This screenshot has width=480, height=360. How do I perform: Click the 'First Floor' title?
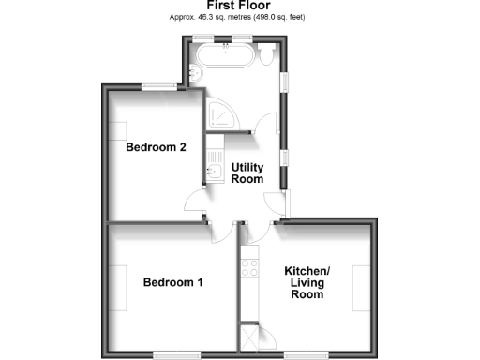tap(239, 6)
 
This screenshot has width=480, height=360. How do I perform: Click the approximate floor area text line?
tap(239, 17)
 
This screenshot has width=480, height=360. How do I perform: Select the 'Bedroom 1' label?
tap(172, 282)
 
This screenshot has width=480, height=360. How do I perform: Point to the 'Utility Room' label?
tap(247, 172)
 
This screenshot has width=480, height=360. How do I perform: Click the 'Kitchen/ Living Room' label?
tap(307, 282)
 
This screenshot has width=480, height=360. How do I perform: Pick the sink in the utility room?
tap(214, 170)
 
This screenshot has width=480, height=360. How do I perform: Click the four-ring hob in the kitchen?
tap(250, 270)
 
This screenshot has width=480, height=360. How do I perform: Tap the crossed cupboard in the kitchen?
tap(250, 336)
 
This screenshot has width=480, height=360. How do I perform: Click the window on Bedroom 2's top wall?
tap(160, 87)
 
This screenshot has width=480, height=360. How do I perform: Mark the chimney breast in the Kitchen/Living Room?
tap(361, 288)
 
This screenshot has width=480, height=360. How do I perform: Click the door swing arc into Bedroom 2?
tap(195, 200)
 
